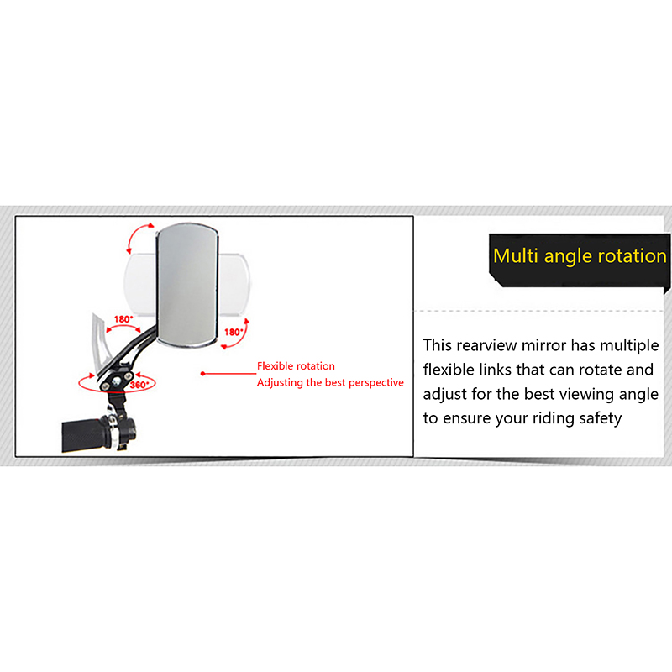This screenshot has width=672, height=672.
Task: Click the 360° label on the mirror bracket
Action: tap(139, 385)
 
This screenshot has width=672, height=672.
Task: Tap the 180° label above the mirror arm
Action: tap(123, 319)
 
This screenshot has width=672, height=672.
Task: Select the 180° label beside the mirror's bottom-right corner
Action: tap(234, 332)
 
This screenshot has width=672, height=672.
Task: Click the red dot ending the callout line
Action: tap(202, 374)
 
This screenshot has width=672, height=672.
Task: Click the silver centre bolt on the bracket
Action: tap(116, 381)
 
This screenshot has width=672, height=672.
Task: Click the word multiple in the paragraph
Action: tap(629, 346)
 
